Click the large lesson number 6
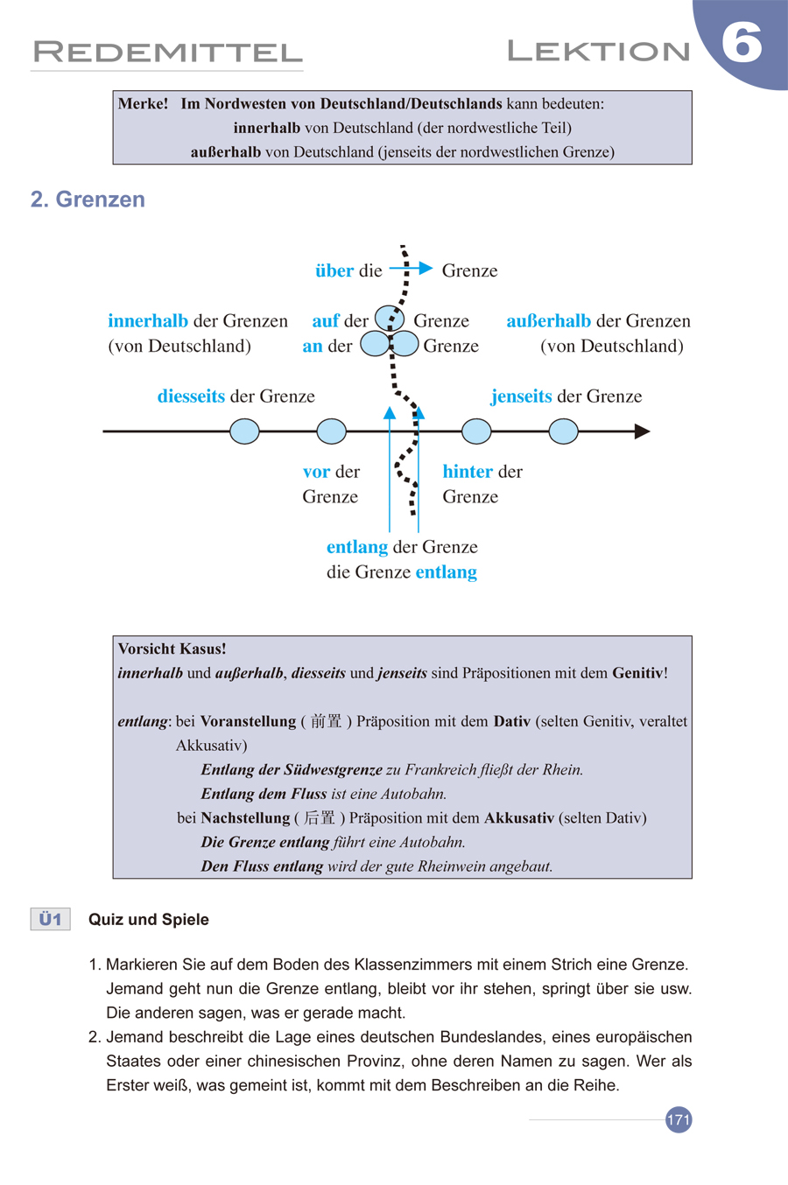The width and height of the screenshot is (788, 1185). (742, 43)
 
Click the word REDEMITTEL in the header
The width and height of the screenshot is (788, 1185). (167, 53)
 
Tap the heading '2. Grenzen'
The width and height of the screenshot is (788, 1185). (88, 200)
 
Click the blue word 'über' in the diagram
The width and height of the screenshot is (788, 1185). (334, 270)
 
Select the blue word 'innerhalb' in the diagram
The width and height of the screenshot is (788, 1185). (148, 321)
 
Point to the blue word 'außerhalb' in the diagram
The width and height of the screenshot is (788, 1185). (548, 321)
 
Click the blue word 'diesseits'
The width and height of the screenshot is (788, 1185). (191, 396)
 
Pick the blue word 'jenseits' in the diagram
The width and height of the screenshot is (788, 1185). (522, 396)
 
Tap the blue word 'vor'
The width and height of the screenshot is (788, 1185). (316, 472)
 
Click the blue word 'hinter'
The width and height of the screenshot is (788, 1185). (468, 472)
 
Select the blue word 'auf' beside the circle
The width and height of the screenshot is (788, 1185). (326, 321)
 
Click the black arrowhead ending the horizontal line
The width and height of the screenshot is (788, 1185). (642, 431)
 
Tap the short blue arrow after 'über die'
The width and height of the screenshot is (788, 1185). (411, 268)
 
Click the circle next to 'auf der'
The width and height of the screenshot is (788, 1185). (390, 318)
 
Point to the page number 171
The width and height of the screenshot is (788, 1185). (679, 1119)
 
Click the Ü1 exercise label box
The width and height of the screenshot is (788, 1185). (50, 919)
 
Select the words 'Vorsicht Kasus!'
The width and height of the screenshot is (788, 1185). (172, 649)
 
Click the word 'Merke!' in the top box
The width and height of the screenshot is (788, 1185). (143, 103)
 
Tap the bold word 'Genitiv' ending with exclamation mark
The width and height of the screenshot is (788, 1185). (637, 673)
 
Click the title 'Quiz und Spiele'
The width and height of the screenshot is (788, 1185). (149, 920)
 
